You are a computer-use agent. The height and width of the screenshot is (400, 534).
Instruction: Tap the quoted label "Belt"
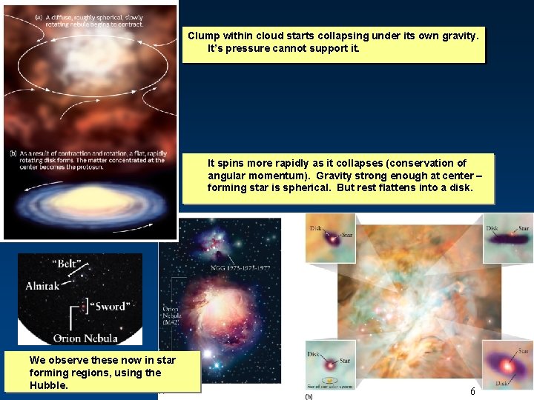coord(67,264)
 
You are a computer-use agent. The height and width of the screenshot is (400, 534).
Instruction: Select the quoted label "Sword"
coord(108,306)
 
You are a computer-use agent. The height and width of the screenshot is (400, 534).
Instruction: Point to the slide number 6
coord(472,391)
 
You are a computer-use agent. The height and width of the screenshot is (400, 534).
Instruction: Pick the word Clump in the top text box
coord(203,36)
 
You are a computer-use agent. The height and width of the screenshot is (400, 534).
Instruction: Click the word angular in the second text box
coord(227,176)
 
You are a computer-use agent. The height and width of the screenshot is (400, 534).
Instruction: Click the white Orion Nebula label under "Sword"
coord(85,339)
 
